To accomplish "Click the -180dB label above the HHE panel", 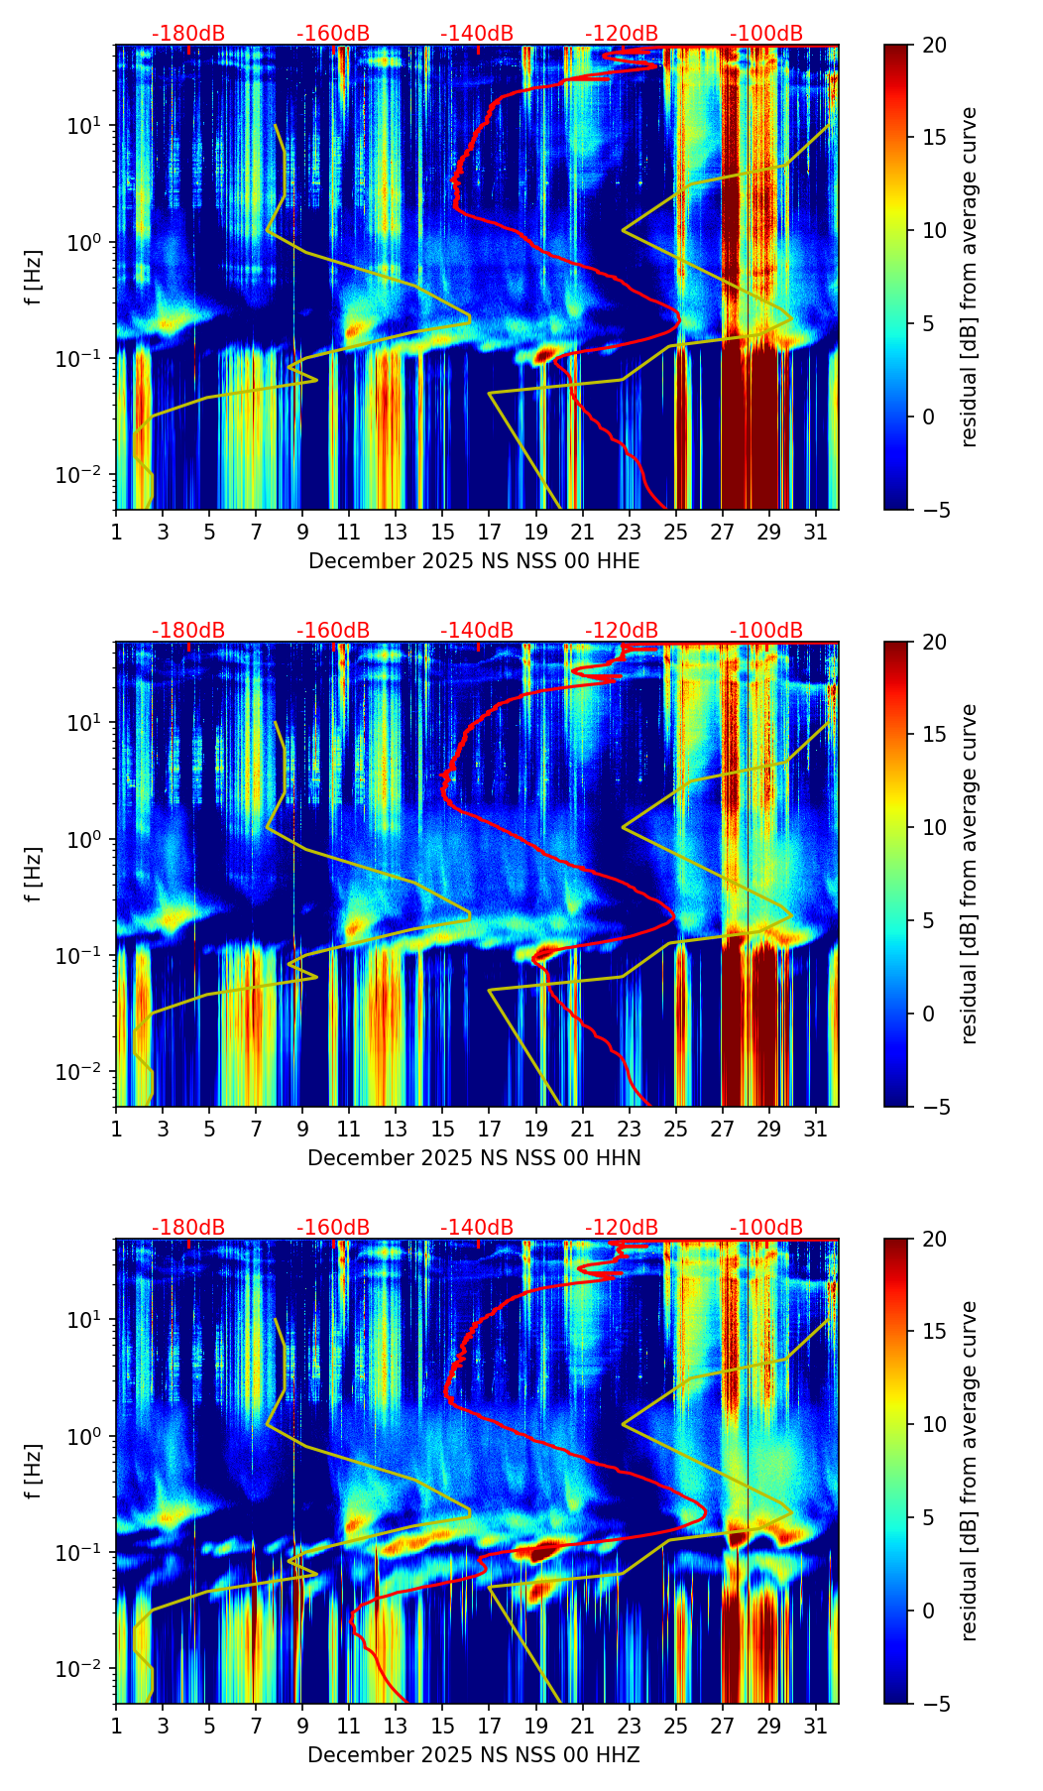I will (x=188, y=34).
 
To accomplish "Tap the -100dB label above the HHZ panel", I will (x=766, y=1228).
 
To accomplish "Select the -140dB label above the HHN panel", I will (x=477, y=631).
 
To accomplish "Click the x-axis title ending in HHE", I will (x=474, y=561).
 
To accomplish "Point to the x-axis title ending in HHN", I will (x=474, y=1158).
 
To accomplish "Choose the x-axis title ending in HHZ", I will (x=474, y=1755).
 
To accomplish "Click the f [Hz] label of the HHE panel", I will (x=34, y=277).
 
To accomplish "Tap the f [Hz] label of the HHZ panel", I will (x=34, y=1471).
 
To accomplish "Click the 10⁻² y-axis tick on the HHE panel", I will (x=87, y=475).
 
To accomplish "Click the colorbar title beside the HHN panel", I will (x=970, y=874).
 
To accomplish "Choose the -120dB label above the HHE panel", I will (x=622, y=34).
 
